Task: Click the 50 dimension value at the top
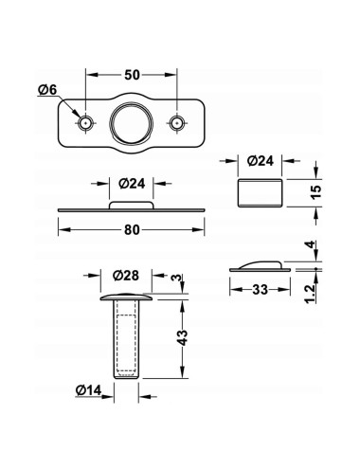pos(132,75)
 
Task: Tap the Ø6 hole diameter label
pos(47,90)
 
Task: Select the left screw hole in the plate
pos(85,123)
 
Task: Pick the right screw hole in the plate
pos(177,123)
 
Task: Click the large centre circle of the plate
pos(131,122)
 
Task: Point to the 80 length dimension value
pos(132,230)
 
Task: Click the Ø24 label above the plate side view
pos(132,184)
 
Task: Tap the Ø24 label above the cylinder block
pos(261,161)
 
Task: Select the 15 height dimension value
pos(315,191)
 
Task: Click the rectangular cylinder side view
pos(260,193)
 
